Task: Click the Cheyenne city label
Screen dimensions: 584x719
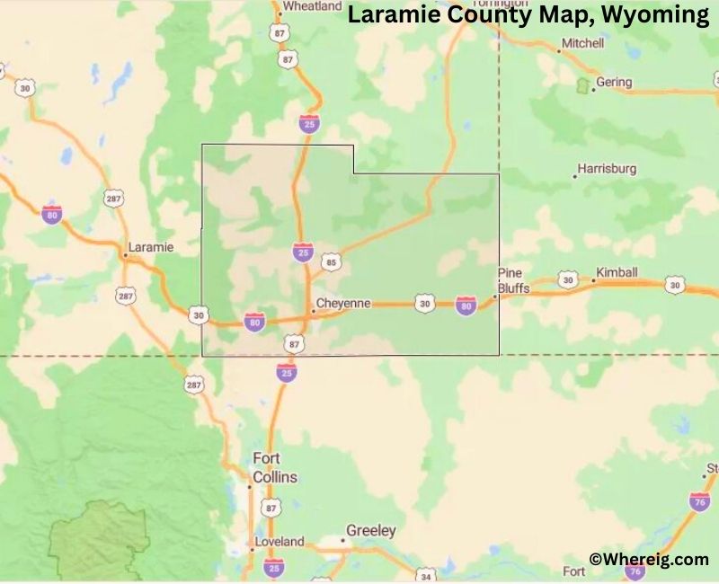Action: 342,304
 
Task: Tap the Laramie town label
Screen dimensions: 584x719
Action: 150,246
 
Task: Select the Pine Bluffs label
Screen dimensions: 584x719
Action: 514,280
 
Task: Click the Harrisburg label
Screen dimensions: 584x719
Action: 607,168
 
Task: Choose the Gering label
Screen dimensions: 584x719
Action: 614,82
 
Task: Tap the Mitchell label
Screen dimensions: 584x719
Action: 582,42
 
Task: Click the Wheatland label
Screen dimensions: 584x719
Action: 312,5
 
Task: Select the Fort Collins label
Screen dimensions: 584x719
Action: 274,467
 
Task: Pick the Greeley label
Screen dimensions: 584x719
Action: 371,531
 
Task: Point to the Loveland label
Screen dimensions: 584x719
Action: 279,542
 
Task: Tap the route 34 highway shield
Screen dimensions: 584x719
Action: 427,574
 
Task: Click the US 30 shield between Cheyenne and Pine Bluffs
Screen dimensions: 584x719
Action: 424,305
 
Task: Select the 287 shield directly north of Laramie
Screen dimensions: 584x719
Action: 114,198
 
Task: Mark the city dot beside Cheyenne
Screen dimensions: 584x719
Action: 313,311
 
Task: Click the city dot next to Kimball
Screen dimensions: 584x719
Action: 592,280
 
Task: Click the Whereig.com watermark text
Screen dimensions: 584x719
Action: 649,559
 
